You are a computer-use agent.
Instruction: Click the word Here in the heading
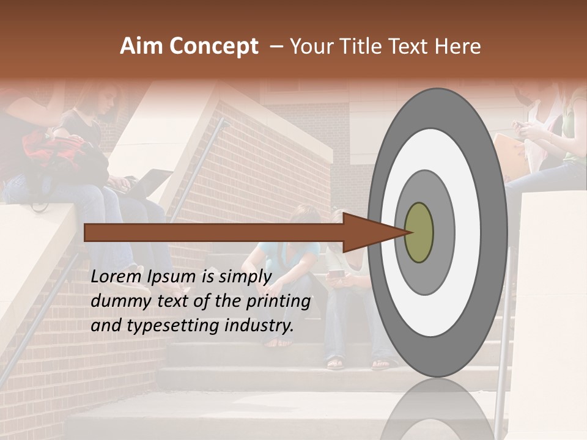pyautogui.click(x=459, y=46)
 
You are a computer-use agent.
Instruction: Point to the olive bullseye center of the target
pyautogui.click(x=419, y=232)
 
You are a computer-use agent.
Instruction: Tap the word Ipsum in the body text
pyautogui.click(x=172, y=276)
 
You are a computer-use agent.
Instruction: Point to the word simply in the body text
pyautogui.click(x=245, y=276)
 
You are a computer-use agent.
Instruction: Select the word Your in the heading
pyautogui.click(x=309, y=46)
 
